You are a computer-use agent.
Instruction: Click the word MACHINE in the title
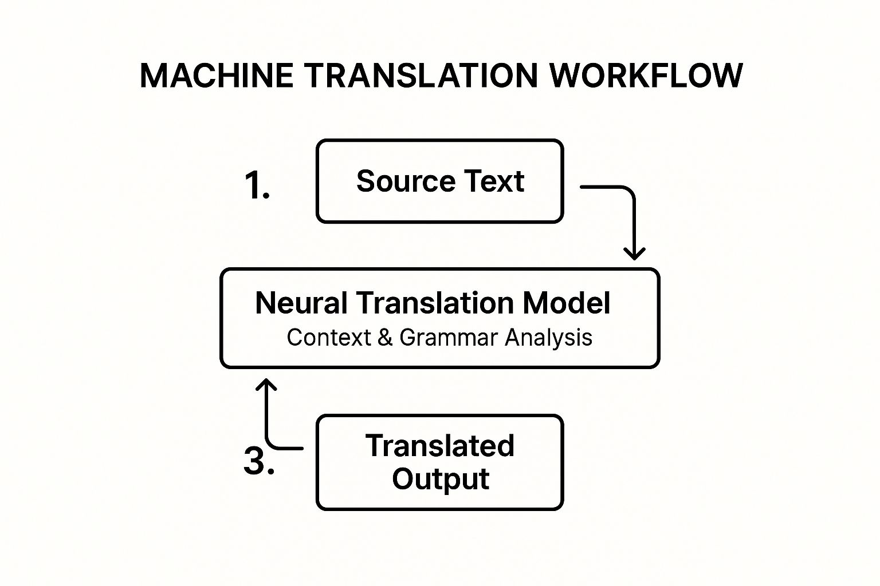coord(217,76)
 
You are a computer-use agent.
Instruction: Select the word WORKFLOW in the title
coord(646,76)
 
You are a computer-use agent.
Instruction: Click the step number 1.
coord(257,185)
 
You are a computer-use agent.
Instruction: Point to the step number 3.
coord(258,461)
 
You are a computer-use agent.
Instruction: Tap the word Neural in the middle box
coord(301,303)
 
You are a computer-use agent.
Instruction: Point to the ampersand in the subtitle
coord(385,338)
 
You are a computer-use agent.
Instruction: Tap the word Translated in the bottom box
coord(440,446)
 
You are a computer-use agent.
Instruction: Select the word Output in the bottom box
coord(440,479)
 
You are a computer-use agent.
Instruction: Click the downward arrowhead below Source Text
coord(634,253)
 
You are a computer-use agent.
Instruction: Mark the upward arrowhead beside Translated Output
coord(266,385)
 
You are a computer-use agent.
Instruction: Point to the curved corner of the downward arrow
coord(630,191)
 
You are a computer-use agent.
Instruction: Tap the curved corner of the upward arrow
coord(271,444)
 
